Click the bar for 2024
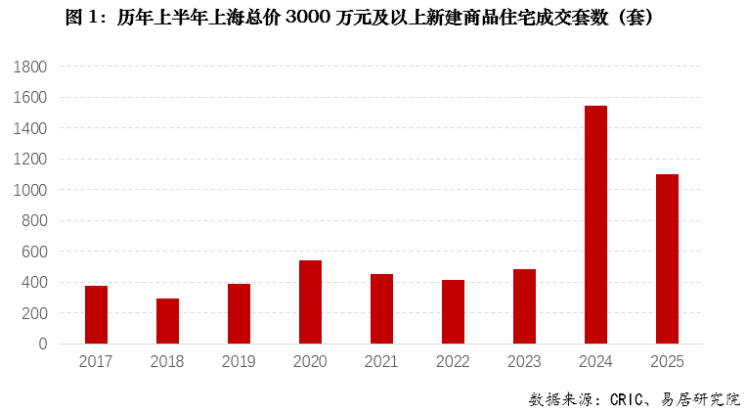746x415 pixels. coord(595,225)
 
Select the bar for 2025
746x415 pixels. coord(667,259)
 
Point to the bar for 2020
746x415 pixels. coord(310,302)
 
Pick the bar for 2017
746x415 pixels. coord(96,315)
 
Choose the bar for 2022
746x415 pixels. coord(453,312)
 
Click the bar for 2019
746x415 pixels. coord(239,314)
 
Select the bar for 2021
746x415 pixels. coord(381,309)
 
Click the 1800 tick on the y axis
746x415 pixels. coord(31,67)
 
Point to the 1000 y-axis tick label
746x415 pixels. coord(31,190)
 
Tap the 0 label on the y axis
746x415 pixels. coord(42,345)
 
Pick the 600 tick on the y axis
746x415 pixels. coord(35,252)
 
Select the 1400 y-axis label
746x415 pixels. coord(31,128)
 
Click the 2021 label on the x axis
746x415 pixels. coord(381,362)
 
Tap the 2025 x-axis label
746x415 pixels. coord(667,362)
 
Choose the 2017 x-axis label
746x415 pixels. coord(96,362)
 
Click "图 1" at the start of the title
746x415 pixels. coord(82,18)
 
